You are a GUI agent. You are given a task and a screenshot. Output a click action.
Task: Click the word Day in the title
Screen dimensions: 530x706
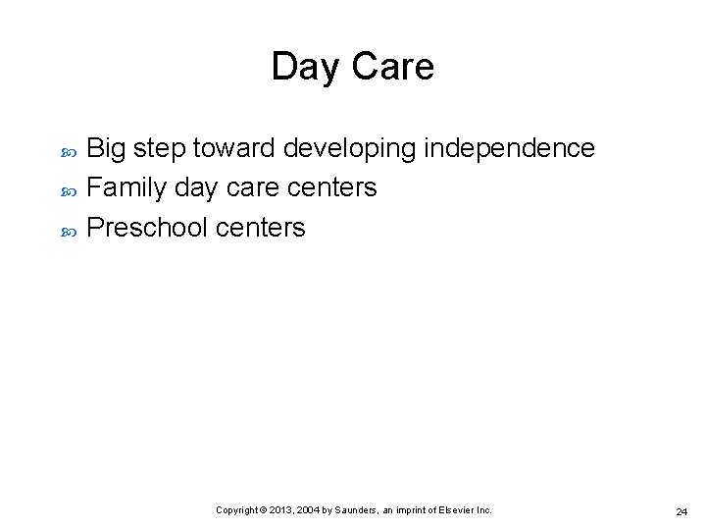(x=302, y=68)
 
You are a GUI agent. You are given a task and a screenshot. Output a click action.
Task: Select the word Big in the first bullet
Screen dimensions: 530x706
(x=107, y=148)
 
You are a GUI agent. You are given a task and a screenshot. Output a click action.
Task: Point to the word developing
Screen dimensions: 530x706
(x=350, y=149)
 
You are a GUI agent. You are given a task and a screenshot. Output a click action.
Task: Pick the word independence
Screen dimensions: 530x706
(x=509, y=148)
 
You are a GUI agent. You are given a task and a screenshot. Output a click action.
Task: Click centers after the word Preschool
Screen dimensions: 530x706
(x=260, y=228)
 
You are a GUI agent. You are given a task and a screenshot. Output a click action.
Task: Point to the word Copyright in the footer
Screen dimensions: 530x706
(x=236, y=510)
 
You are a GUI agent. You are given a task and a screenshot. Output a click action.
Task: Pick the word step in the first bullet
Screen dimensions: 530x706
(x=160, y=149)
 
